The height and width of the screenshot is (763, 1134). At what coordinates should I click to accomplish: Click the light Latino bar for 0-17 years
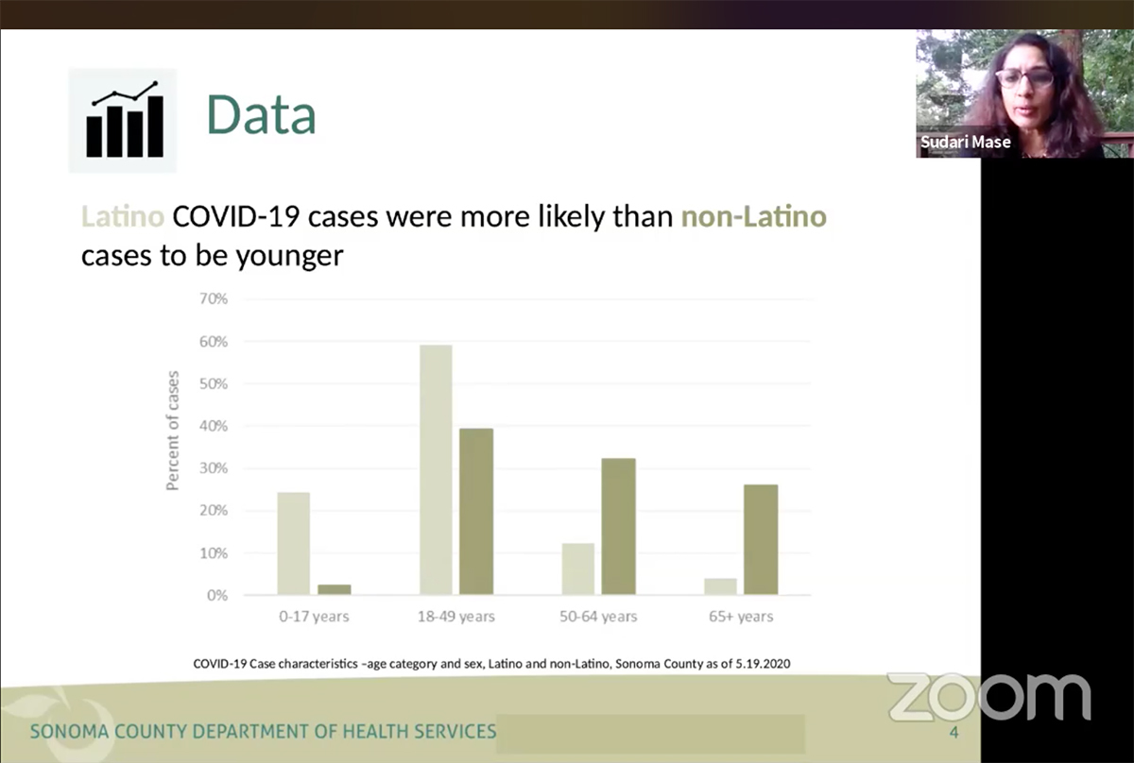point(293,544)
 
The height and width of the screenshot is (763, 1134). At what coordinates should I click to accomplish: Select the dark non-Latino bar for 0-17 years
point(334,589)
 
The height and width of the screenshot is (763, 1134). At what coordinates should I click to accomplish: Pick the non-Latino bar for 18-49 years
point(476,512)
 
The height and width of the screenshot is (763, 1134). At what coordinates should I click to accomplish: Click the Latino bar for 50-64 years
point(577,569)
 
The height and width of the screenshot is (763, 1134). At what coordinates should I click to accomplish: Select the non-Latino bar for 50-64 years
point(618,527)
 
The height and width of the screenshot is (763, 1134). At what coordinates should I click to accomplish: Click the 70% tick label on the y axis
point(213,299)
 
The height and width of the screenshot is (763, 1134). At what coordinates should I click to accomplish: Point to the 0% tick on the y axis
point(216,596)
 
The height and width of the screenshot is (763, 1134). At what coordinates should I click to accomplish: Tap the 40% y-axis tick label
point(213,426)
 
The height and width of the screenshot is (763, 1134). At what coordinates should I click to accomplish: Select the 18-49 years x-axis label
point(456,618)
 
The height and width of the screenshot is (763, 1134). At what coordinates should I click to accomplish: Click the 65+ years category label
point(742,618)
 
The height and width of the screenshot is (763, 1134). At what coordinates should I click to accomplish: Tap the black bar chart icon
point(124,121)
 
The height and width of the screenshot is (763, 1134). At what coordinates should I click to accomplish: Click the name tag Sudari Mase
point(966,143)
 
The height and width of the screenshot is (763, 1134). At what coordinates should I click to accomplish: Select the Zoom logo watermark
point(988,697)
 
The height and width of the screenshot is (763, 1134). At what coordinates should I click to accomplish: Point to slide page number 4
point(954,734)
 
